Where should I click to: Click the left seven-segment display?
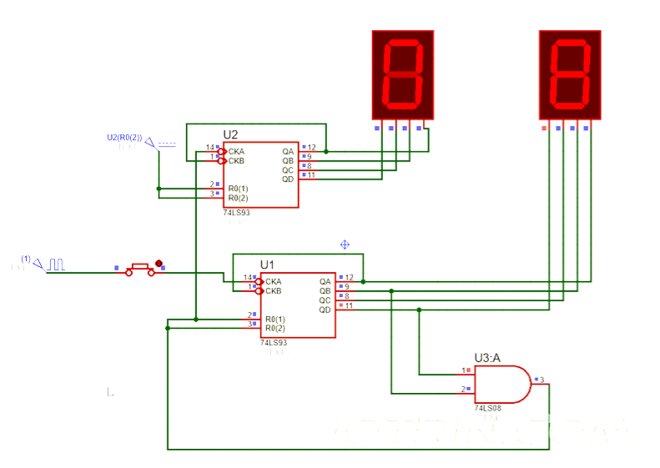403,73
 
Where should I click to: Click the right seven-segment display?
570,73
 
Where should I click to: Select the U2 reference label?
230,134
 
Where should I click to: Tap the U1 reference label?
267,264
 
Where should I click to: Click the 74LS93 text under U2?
236,213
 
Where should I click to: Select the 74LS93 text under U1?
273,343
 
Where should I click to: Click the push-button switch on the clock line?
140,270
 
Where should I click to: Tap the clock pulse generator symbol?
55,264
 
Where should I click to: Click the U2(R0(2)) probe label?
124,137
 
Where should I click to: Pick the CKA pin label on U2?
236,151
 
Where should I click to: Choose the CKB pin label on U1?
273,291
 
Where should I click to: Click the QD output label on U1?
325,309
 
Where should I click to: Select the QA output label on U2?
288,151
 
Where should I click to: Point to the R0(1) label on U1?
275,320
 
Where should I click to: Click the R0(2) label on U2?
238,199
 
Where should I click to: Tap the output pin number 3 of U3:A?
542,380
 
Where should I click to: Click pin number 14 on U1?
248,278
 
